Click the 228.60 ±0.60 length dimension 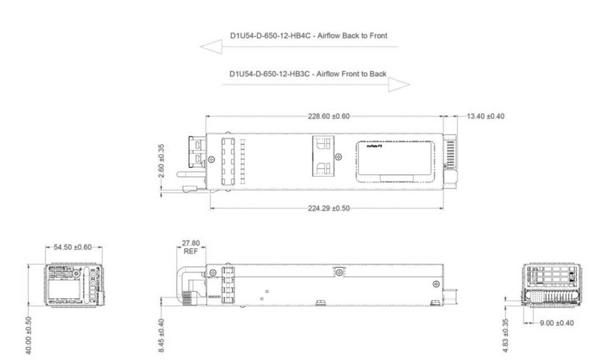pos(328,116)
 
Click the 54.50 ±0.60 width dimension pos(74,247)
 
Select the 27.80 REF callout pos(189,247)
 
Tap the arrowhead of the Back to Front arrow pos(211,47)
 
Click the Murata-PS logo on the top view pos(373,149)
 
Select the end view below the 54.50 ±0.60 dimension pos(74,284)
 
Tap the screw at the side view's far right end pos(436,284)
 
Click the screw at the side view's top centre pos(337,271)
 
